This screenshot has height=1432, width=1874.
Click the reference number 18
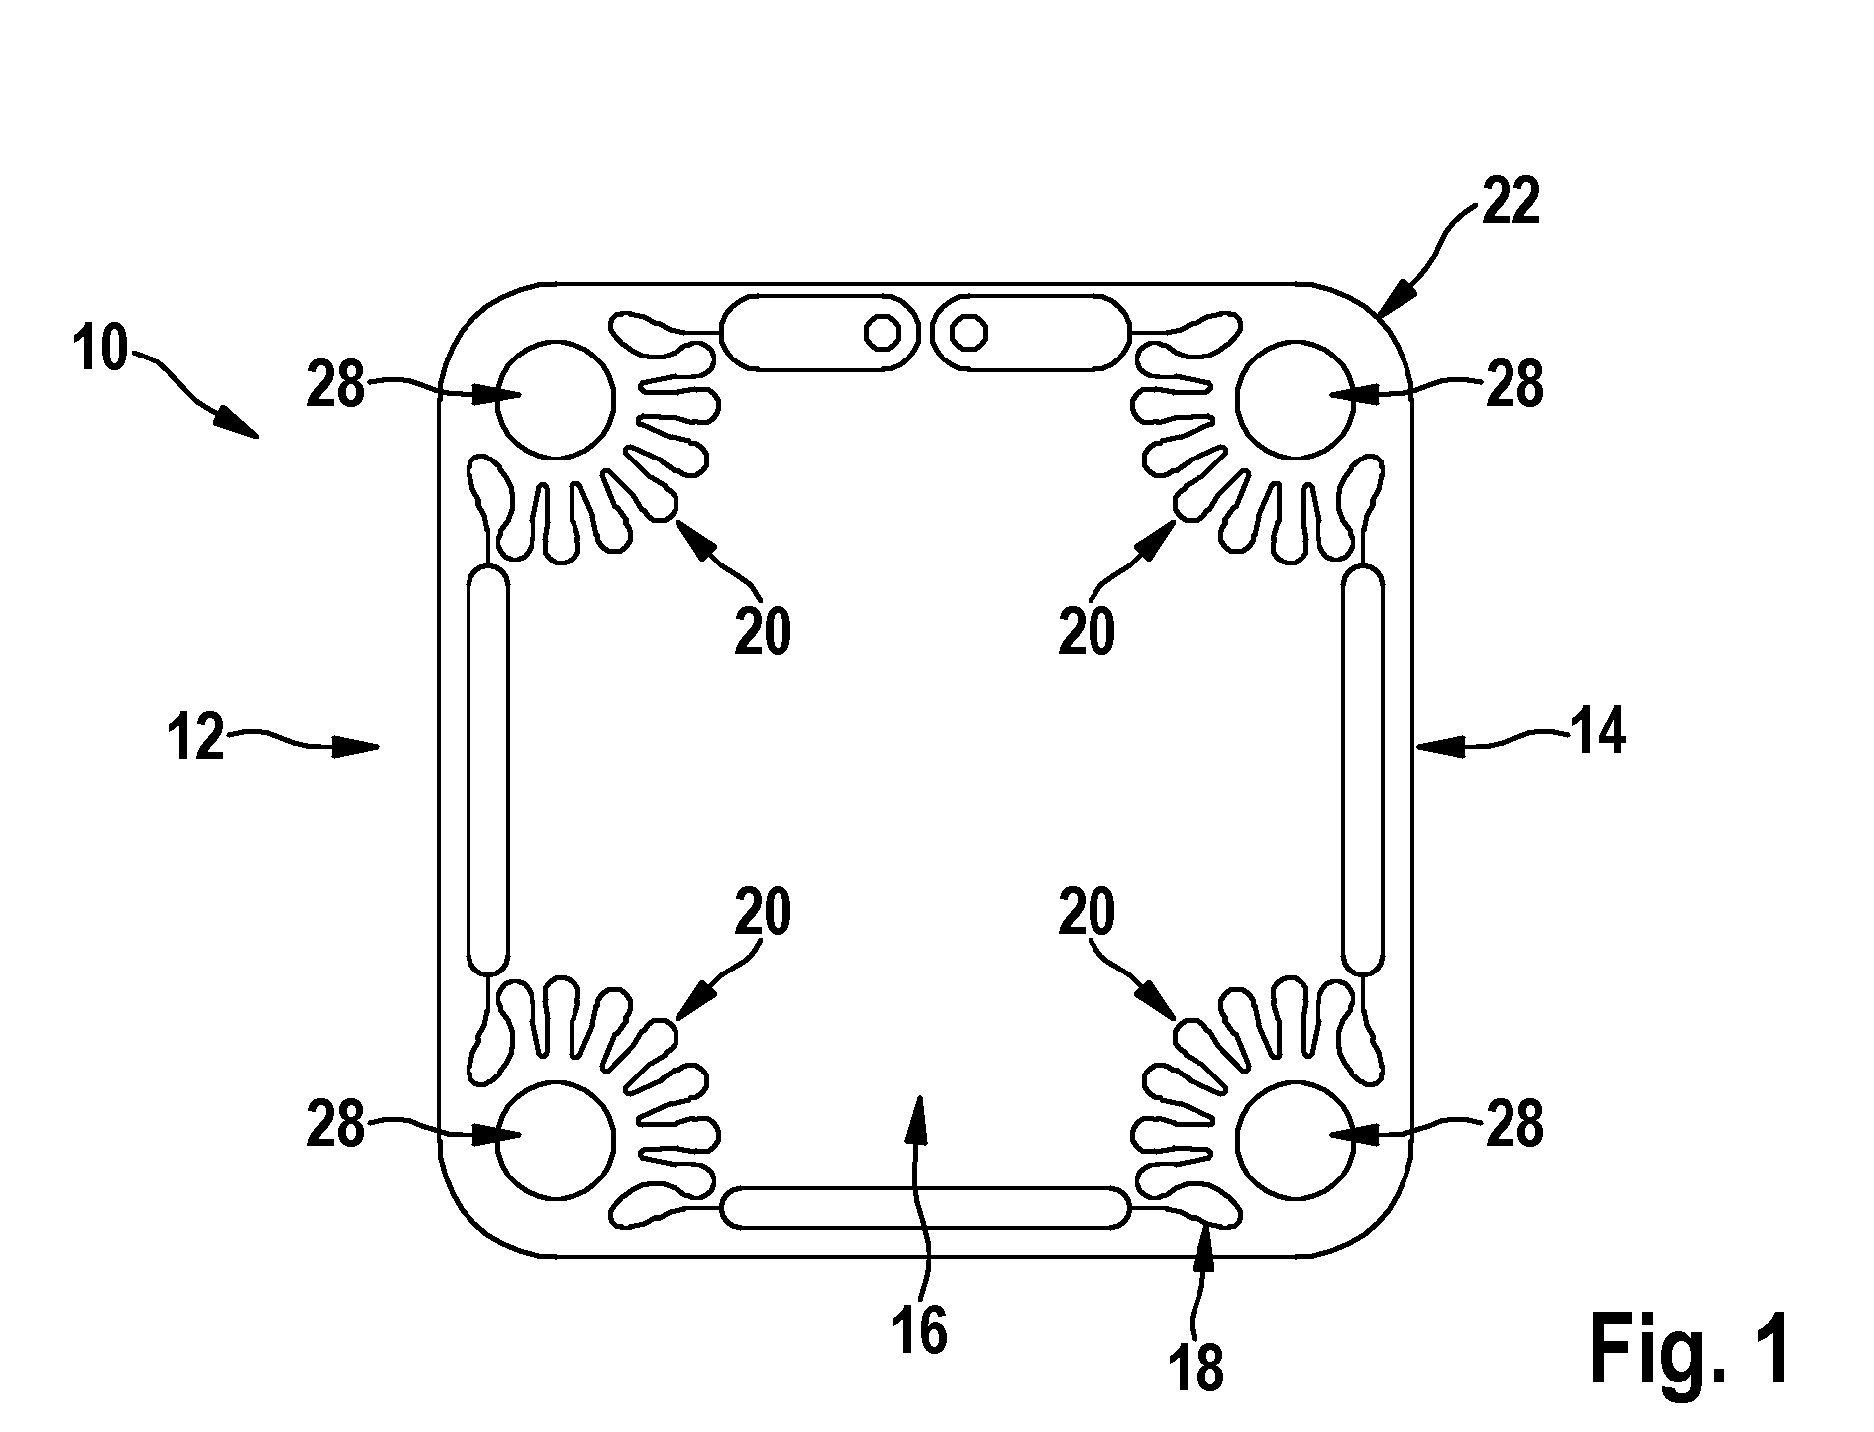[1197, 1368]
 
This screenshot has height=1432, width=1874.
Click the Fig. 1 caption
[1691, 1349]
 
